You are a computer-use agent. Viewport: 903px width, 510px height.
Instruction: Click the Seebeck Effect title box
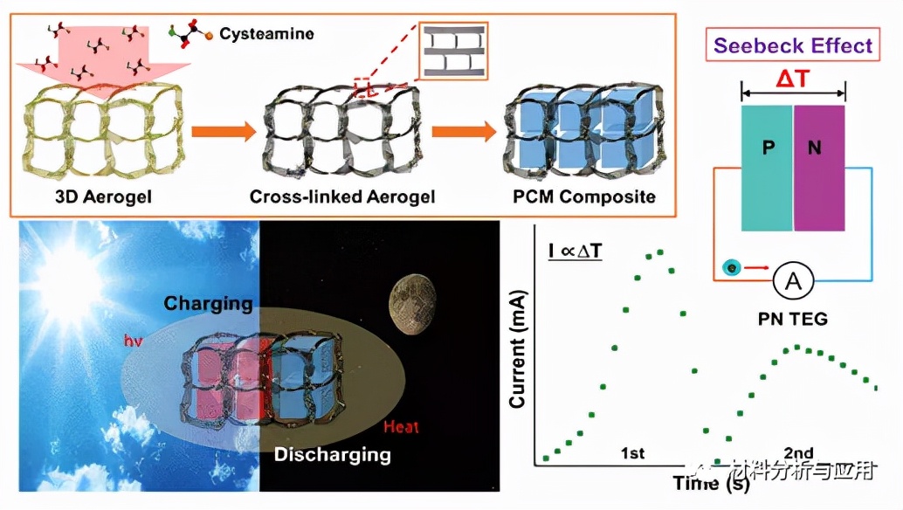[793, 45]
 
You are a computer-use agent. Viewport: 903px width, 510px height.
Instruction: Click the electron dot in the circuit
[731, 267]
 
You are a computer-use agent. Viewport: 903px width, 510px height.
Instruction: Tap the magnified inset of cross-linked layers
[452, 52]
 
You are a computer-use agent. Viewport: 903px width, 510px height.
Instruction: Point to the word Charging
[210, 304]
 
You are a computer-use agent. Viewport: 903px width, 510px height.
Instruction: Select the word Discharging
[332, 454]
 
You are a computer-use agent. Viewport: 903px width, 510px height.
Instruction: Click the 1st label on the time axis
[632, 453]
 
